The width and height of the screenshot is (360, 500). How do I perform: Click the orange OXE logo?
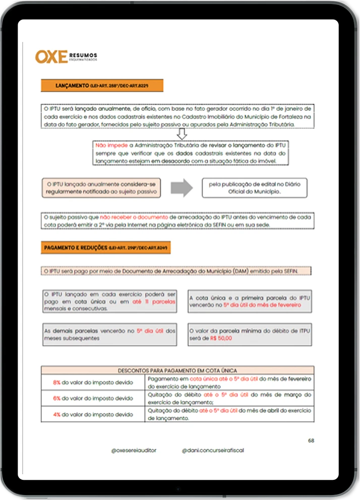(51, 56)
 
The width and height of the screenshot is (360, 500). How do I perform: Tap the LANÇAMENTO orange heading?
(102, 86)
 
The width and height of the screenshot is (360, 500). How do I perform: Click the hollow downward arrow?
(182, 134)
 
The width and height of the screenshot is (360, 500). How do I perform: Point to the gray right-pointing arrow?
(182, 188)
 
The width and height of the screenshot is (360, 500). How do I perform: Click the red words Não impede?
(107, 145)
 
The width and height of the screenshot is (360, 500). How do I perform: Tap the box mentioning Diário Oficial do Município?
(254, 188)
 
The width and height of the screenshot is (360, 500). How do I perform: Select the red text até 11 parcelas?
(154, 301)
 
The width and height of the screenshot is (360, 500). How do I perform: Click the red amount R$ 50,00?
(221, 339)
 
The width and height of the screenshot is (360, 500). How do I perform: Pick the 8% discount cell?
(93, 382)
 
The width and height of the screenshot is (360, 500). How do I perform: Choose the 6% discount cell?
(93, 398)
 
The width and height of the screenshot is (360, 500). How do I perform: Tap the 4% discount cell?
(93, 414)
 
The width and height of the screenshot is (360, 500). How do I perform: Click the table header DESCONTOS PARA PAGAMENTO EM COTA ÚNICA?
(177, 370)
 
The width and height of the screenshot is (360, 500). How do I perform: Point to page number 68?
(311, 441)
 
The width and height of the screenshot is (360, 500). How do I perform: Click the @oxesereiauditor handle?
(134, 450)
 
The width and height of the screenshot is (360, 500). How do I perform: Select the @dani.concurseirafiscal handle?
(213, 450)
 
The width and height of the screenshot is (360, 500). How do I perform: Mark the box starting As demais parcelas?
(109, 334)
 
